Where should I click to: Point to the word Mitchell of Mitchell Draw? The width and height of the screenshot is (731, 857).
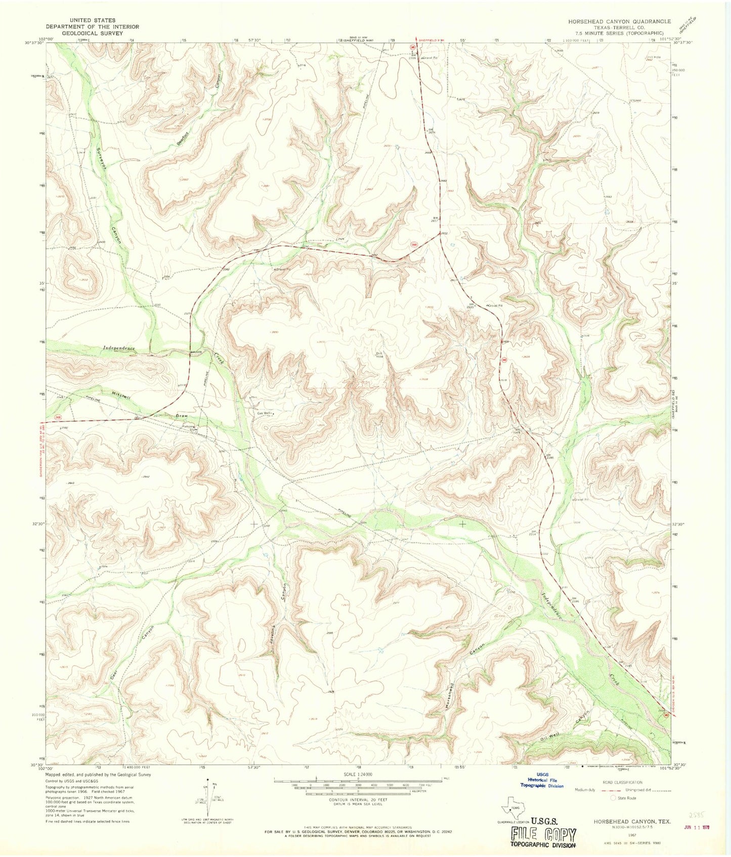tap(121, 395)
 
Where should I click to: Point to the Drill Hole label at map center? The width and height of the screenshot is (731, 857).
tap(379, 355)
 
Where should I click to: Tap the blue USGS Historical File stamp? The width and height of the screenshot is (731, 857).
tap(542, 785)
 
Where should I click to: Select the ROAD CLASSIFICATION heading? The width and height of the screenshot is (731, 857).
tap(623, 782)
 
